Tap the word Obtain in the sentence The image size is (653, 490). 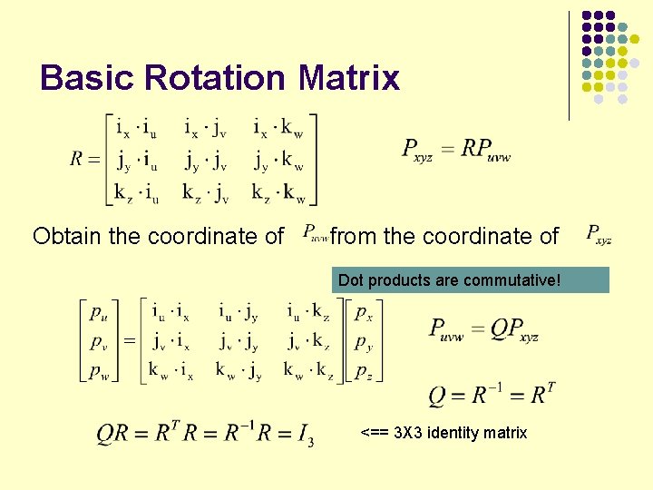click(x=66, y=237)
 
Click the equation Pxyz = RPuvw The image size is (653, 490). click(x=456, y=149)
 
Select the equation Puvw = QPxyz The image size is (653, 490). click(x=483, y=328)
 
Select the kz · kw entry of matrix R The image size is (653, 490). click(x=278, y=191)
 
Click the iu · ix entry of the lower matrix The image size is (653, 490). click(x=171, y=312)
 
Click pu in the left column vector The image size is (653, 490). click(x=97, y=313)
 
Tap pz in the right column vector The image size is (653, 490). click(x=363, y=371)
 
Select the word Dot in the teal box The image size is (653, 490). click(x=350, y=280)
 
